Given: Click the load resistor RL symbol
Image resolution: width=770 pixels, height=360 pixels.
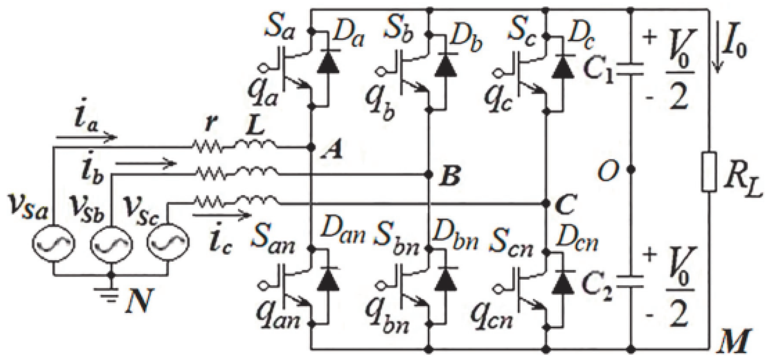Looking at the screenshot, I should tap(709, 172).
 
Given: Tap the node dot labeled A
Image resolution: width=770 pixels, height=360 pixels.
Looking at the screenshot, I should tap(312, 147).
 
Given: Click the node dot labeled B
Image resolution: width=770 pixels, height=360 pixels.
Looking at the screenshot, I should tap(429, 174).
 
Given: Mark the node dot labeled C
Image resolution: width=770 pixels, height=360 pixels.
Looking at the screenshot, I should tap(546, 204).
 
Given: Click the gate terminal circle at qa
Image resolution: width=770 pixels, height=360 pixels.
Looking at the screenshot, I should tap(263, 68).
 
